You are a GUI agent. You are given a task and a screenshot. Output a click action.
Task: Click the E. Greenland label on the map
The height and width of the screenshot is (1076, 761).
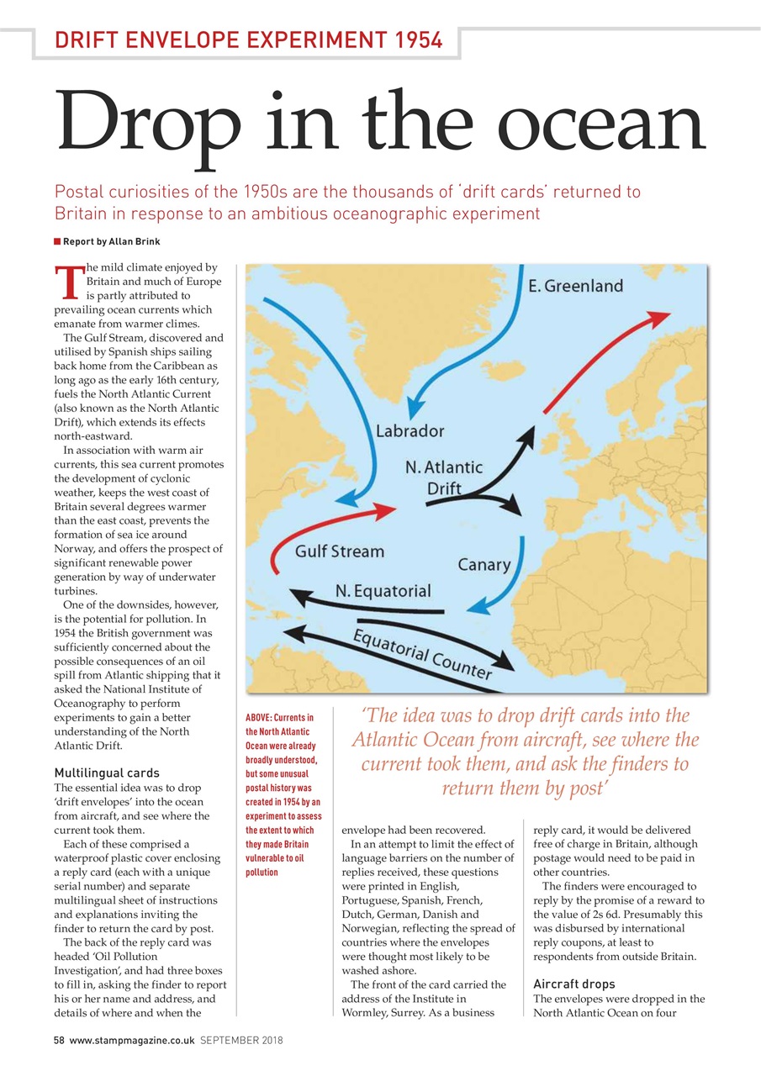pyautogui.click(x=576, y=286)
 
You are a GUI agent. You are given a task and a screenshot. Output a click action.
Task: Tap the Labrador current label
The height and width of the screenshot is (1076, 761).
pyautogui.click(x=410, y=431)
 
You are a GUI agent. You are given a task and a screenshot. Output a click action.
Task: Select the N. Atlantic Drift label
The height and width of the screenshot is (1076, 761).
pyautogui.click(x=444, y=477)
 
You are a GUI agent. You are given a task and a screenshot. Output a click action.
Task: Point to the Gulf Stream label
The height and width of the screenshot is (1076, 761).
pyautogui.click(x=340, y=552)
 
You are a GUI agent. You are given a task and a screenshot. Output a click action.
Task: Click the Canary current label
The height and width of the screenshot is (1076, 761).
pyautogui.click(x=484, y=564)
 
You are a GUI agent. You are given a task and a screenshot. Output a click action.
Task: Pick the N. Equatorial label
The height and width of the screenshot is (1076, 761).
pyautogui.click(x=383, y=591)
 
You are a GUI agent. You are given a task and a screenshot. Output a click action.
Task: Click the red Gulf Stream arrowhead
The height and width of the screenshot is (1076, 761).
pyautogui.click(x=385, y=511)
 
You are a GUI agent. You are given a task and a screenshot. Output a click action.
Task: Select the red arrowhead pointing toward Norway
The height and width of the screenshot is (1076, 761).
pyautogui.click(x=658, y=319)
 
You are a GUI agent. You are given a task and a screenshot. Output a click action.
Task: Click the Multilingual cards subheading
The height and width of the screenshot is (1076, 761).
pyautogui.click(x=107, y=773)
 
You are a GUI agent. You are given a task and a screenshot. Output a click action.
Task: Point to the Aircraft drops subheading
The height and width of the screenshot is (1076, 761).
pyautogui.click(x=573, y=984)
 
